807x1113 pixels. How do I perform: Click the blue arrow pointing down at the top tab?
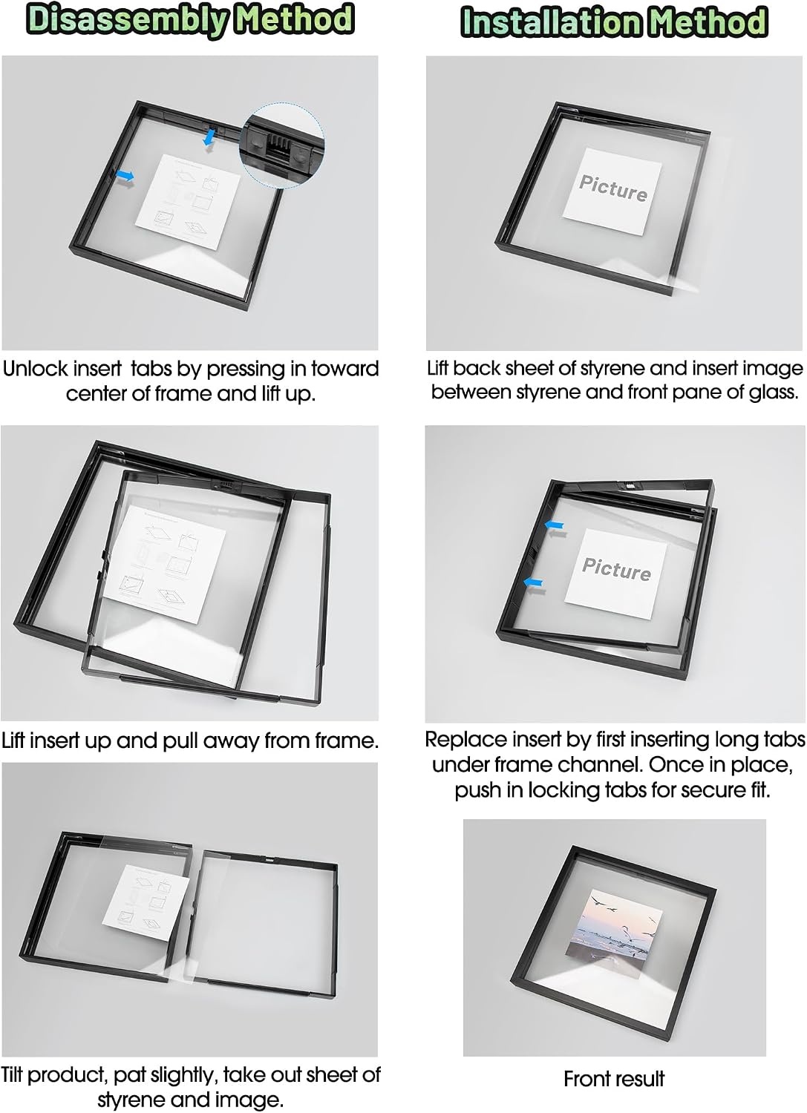pyautogui.click(x=210, y=136)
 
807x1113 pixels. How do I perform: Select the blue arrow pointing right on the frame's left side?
pyautogui.click(x=125, y=176)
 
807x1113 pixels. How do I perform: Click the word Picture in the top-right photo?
pyautogui.click(x=613, y=188)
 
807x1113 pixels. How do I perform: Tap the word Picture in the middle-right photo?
pyautogui.click(x=616, y=569)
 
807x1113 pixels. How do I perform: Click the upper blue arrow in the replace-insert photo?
pyautogui.click(x=554, y=525)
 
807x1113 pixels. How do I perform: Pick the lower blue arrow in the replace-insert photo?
pyautogui.click(x=533, y=582)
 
